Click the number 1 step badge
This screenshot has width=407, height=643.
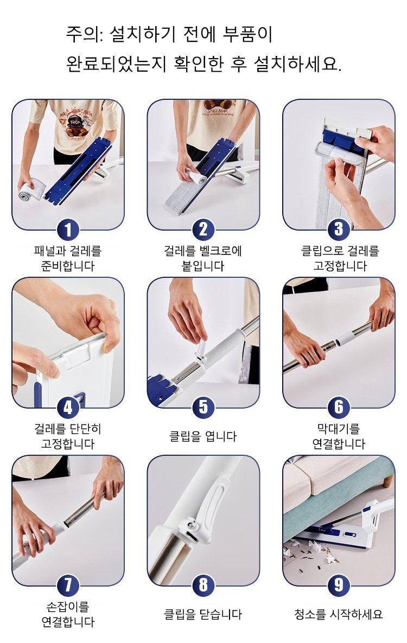point(68,230)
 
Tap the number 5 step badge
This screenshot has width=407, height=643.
point(203,408)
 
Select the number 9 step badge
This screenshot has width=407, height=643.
point(339,585)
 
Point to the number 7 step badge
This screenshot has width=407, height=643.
point(68,585)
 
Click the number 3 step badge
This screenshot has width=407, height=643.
point(339,230)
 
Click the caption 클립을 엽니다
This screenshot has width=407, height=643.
point(203,436)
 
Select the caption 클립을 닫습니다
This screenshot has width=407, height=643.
point(203,614)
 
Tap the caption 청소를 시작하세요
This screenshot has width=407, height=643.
point(339,614)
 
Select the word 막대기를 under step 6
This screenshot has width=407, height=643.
point(339,429)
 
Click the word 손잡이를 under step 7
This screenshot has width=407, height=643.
point(68,607)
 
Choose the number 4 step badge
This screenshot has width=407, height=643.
point(68,408)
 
